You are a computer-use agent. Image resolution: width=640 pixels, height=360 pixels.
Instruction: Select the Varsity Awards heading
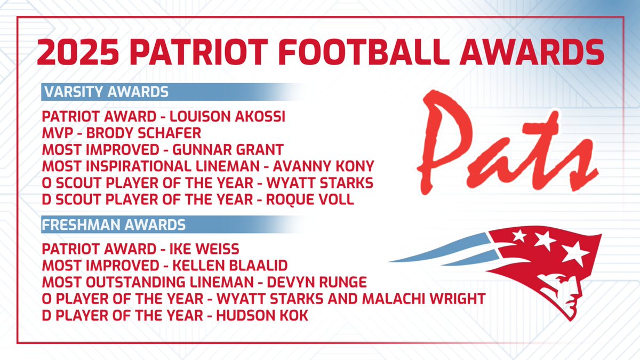(105, 92)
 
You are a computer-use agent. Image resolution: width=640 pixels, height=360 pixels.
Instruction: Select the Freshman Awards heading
(114, 225)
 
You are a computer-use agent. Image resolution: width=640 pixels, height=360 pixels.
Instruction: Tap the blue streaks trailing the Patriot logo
(437, 256)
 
